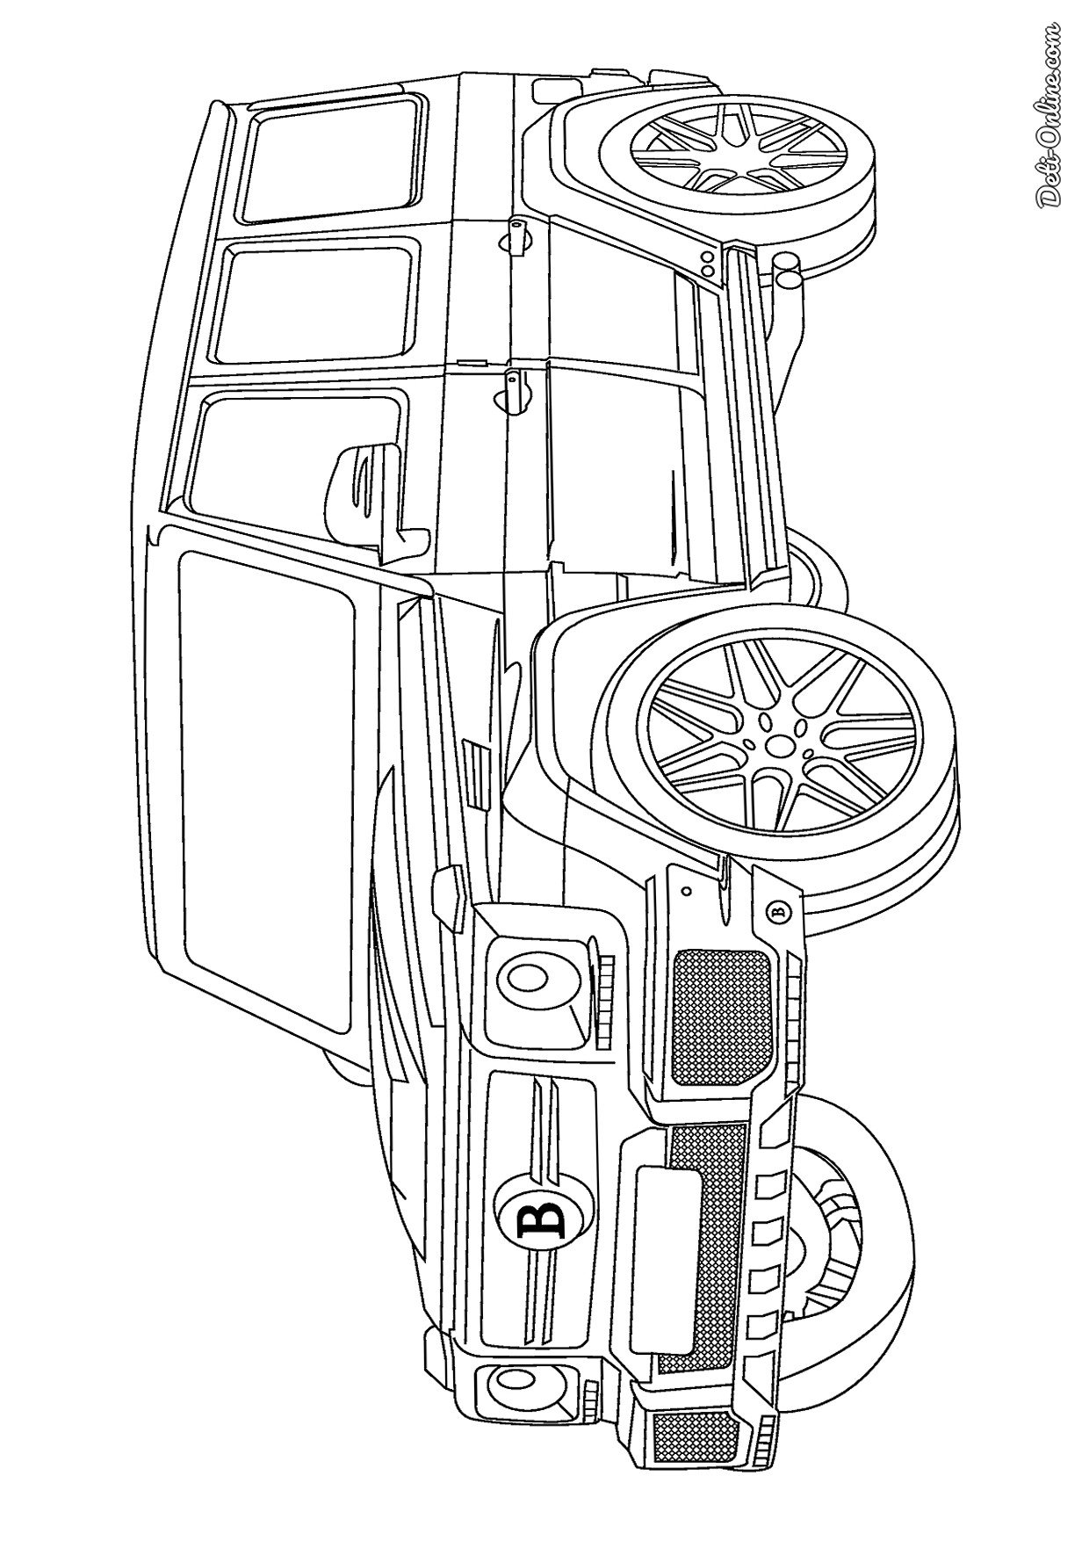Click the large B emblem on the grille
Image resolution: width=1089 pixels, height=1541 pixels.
click(x=533, y=1219)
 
